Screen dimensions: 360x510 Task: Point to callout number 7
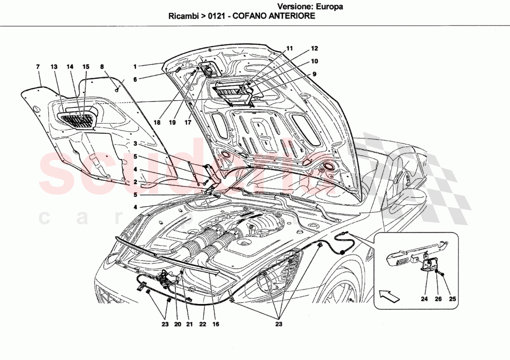(x=38, y=67)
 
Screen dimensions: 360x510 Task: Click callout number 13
(x=54, y=67)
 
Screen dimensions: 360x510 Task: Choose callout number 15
(x=86, y=67)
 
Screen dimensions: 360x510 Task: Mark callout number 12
(x=314, y=48)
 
